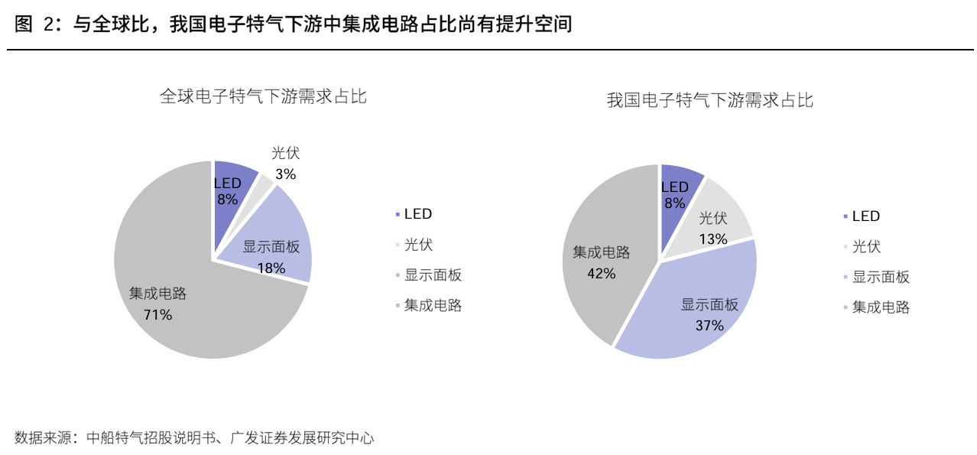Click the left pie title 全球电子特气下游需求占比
tap(264, 96)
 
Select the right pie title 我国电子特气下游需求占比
tap(710, 100)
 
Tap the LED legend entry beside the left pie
tap(414, 214)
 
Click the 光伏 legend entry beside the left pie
tap(414, 244)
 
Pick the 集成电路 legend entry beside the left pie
tap(428, 305)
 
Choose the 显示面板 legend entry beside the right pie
tap(876, 277)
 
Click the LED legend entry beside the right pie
tap(862, 216)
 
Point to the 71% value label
tap(158, 314)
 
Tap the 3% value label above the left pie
tap(286, 174)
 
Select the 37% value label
tap(709, 326)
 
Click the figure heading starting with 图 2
tap(293, 24)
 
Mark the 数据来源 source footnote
tap(194, 437)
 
